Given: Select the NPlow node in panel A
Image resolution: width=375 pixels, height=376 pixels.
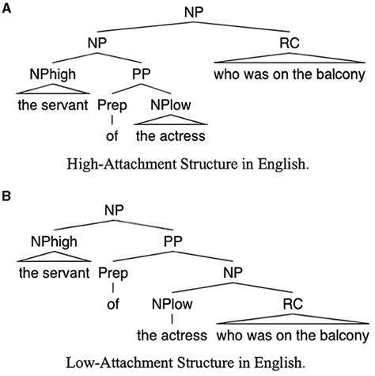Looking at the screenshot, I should [x=169, y=104].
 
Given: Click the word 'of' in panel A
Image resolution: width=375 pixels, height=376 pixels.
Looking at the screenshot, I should [x=112, y=135].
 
